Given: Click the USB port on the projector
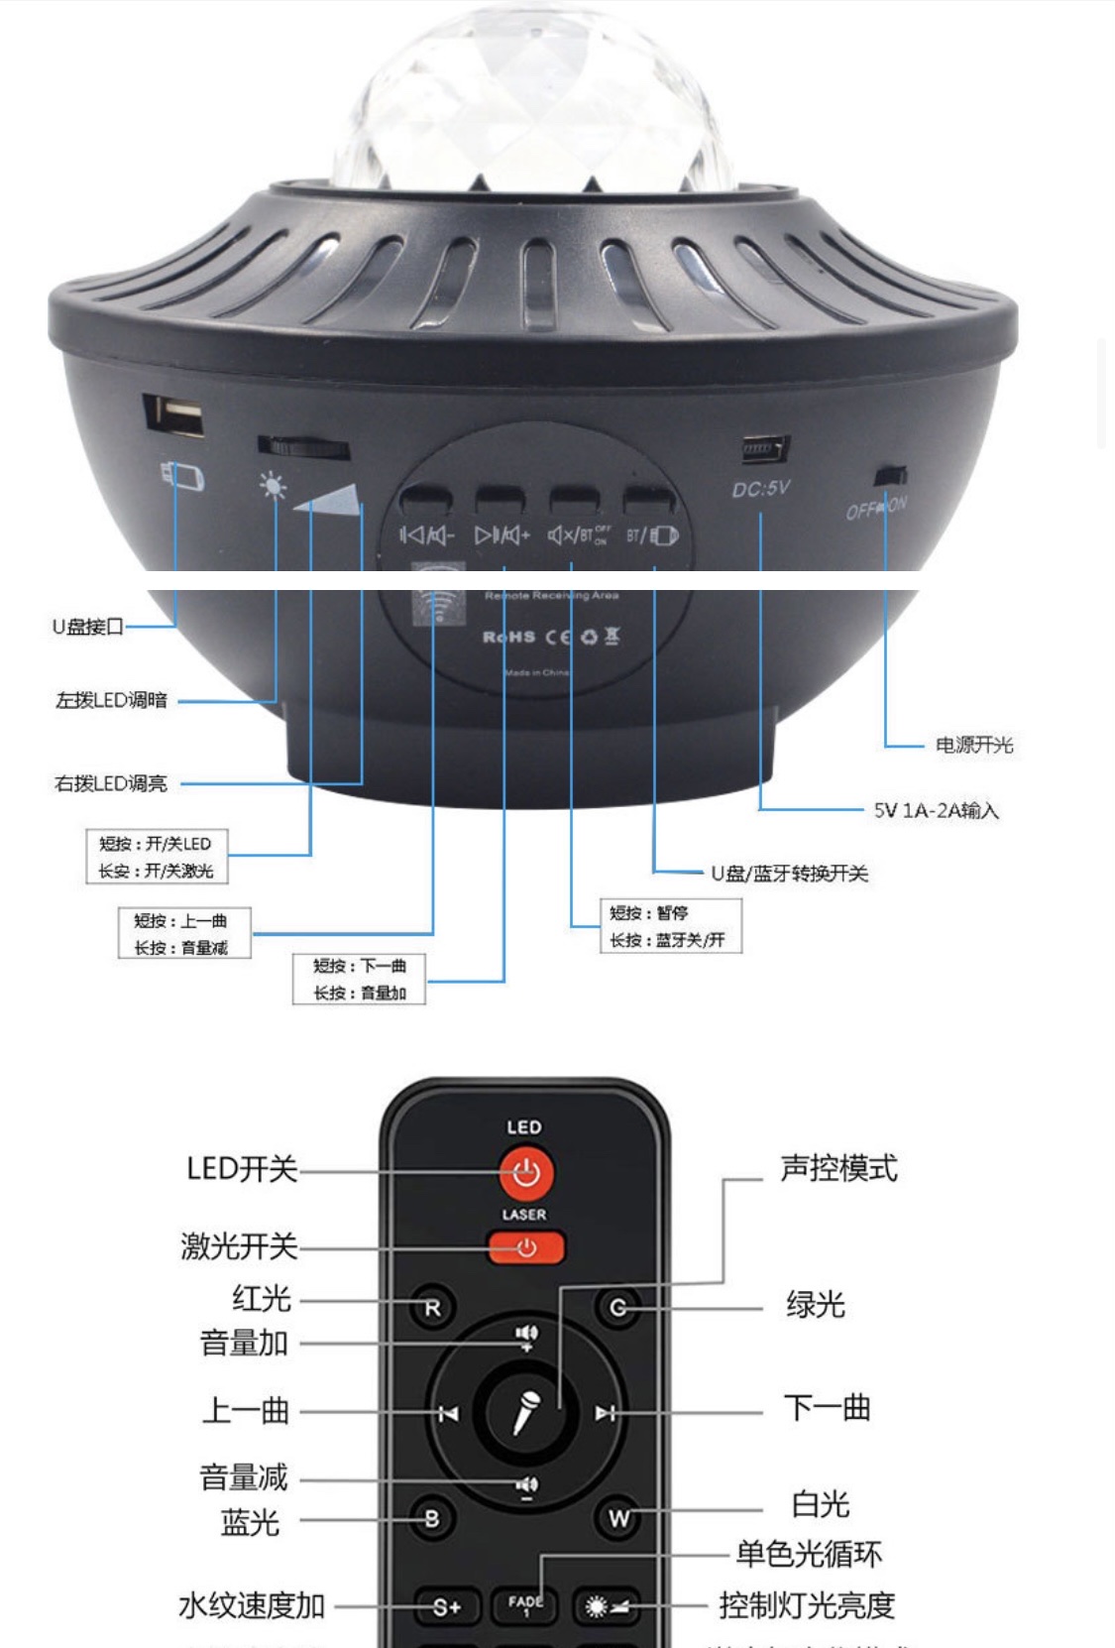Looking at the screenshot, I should pyautogui.click(x=174, y=414).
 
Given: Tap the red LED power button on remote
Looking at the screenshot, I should pyautogui.click(x=525, y=1172).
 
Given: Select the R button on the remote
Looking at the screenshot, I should pyautogui.click(x=431, y=1308).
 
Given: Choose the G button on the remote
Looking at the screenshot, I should pyautogui.click(x=617, y=1308).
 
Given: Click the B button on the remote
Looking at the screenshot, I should pyautogui.click(x=431, y=1518).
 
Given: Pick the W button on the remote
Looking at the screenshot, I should pyautogui.click(x=618, y=1518).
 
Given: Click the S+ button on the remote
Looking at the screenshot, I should pyautogui.click(x=446, y=1606).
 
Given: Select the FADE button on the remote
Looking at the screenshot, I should pyautogui.click(x=525, y=1604).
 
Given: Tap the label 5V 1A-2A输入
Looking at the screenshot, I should pyautogui.click(x=936, y=810).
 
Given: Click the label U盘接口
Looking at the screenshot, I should pyautogui.click(x=88, y=627).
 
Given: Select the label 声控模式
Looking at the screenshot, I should pyautogui.click(x=838, y=1168).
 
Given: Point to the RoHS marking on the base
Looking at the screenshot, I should pyautogui.click(x=509, y=637).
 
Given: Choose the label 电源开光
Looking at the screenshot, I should pyautogui.click(x=973, y=745).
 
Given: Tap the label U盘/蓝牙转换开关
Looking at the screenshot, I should pyautogui.click(x=789, y=874).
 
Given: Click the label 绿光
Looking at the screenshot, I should pyautogui.click(x=815, y=1305).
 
